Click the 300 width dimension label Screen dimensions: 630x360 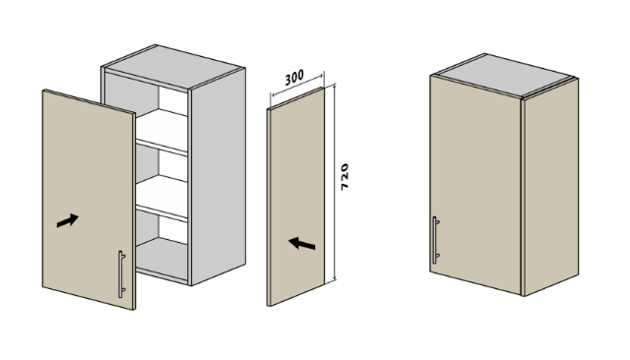coord(294,78)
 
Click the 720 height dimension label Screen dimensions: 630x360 coord(345,177)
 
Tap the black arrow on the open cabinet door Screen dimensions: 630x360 coord(68,220)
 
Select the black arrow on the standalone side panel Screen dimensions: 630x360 coord(302,243)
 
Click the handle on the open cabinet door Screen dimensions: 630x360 coord(121,274)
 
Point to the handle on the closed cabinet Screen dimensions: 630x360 coord(435,240)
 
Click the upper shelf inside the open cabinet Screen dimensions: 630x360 coord(161,131)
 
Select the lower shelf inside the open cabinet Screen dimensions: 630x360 coord(161,198)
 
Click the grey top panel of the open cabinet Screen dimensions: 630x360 coord(173,66)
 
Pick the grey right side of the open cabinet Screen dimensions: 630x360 coord(219,177)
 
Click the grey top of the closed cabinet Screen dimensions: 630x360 coord(504,75)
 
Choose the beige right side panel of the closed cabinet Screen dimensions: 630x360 coord(551,188)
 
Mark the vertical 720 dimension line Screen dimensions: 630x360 coord(335,182)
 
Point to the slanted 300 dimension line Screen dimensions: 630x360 coord(297,85)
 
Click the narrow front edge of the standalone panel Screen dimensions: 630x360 coord(269,208)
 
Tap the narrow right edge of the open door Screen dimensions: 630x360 coord(134,211)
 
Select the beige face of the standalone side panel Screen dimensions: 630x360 coord(297,197)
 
